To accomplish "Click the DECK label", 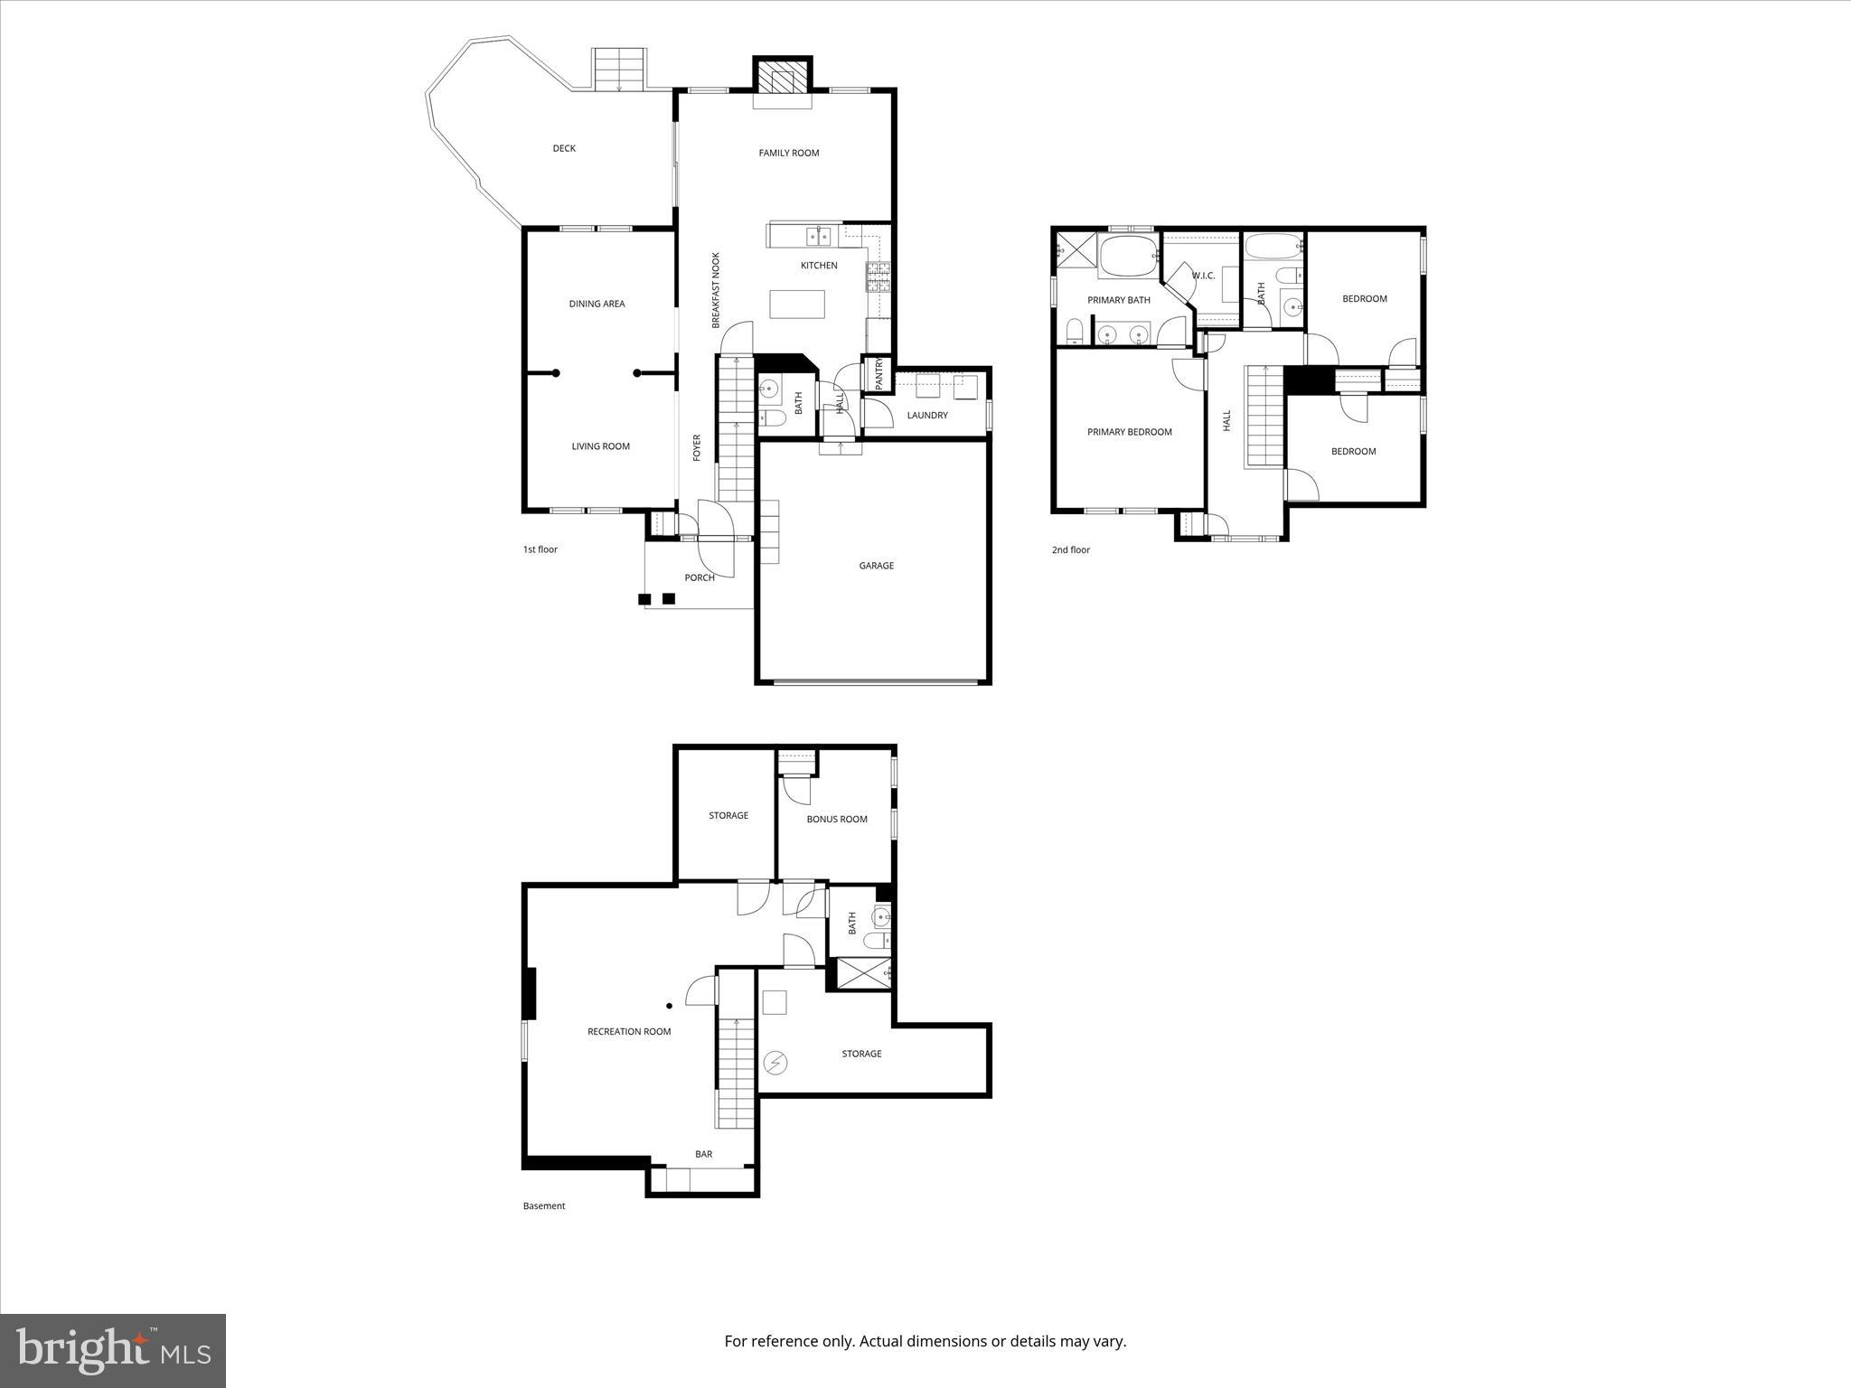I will point(564,148).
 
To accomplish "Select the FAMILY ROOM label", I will point(788,153).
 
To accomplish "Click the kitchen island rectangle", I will point(797,304).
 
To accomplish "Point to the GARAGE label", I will point(876,566).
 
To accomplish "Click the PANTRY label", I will point(878,375).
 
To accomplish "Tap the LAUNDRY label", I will point(927,416).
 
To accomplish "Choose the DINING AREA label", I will point(597,304).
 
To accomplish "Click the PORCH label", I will point(700,577).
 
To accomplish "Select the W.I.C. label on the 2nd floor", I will point(1203,276).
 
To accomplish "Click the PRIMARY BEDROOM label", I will point(1129,432).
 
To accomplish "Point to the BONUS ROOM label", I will point(836,820).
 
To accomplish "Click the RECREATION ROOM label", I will point(629,1031).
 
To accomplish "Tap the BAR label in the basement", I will point(703,1154).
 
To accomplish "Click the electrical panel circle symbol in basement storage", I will point(775,1062).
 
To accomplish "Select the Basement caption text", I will point(544,1205).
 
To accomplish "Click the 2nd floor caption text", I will point(1070,549).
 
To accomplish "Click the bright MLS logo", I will point(113,1350).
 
